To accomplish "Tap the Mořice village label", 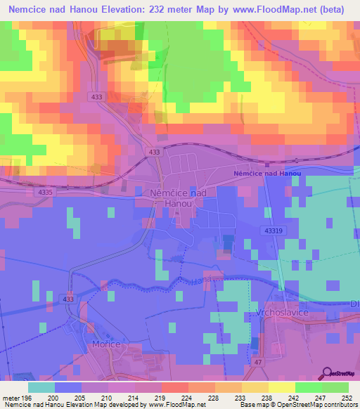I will tap(106, 344).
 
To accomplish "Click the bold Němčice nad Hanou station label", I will tap(267, 174).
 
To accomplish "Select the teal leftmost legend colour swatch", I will tap(41, 387).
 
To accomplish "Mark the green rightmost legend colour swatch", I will tap(335, 387).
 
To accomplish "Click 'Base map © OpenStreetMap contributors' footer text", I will tap(297, 405).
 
